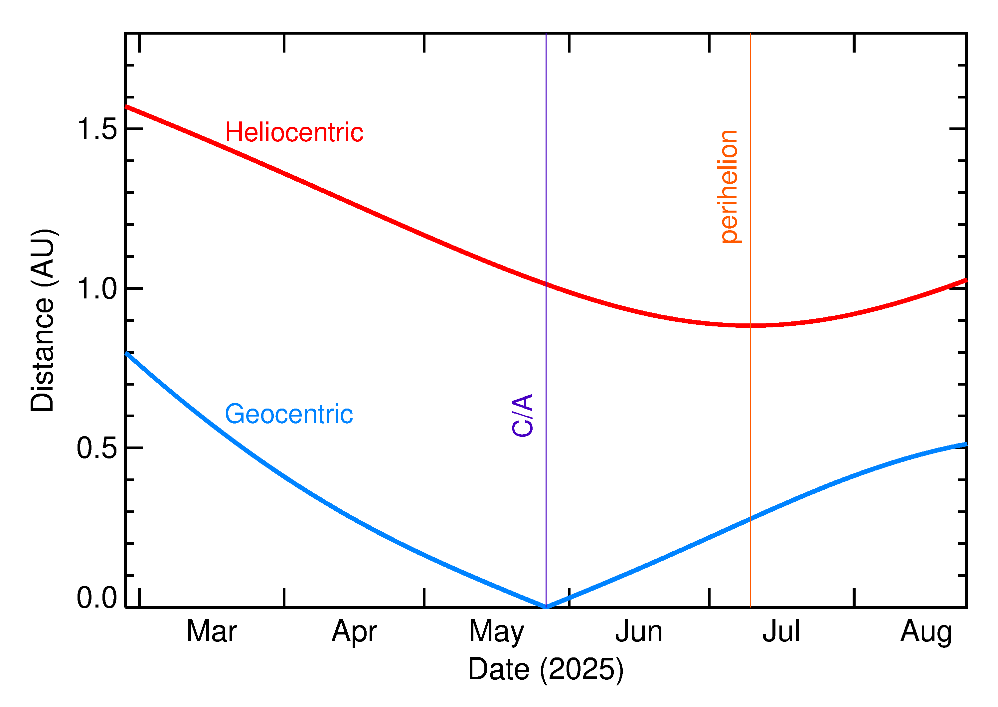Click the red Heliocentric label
[294, 132]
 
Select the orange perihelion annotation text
[729, 186]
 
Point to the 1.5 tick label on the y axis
[96, 129]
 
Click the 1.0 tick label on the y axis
[96, 289]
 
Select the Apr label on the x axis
[354, 632]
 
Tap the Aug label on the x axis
[926, 632]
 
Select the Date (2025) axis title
[545, 669]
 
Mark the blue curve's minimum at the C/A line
[546, 607]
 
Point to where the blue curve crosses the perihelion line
[750, 518]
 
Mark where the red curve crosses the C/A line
[546, 284]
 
